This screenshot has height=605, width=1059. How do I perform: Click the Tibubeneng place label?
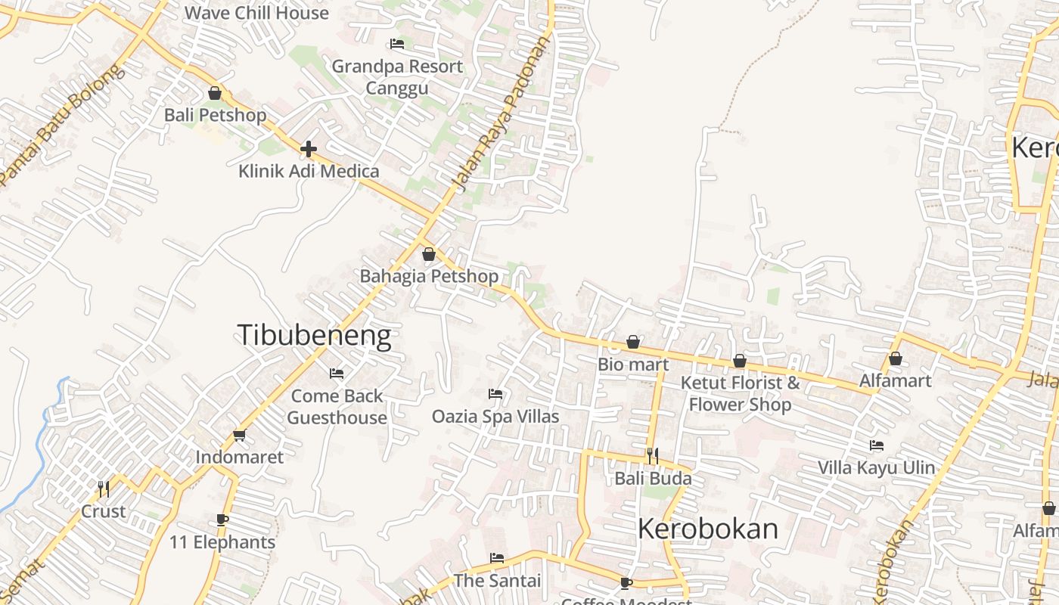[x=315, y=335]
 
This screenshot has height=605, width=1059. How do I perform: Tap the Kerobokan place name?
[x=707, y=529]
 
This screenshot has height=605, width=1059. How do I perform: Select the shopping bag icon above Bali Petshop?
[x=215, y=93]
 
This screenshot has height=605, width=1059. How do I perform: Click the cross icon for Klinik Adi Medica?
[x=308, y=149]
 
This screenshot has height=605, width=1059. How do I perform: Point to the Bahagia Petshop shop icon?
[x=429, y=254]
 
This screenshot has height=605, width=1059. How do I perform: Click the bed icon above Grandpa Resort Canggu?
[x=397, y=44]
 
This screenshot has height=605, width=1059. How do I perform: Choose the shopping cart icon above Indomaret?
[x=240, y=435]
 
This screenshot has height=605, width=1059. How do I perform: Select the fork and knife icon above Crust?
[x=104, y=489]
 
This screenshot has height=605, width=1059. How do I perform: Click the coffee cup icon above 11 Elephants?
[x=222, y=520]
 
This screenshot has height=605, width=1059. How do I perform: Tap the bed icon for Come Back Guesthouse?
[x=337, y=374]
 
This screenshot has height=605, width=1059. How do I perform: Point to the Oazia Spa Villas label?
[x=495, y=416]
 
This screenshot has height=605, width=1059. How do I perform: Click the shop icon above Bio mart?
[x=633, y=342]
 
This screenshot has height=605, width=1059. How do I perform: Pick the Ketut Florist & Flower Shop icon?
[x=740, y=361]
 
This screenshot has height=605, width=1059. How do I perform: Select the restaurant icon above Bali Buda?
[x=653, y=455]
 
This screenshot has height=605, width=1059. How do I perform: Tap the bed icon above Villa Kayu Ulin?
[x=876, y=445]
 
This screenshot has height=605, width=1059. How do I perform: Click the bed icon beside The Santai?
[x=497, y=558]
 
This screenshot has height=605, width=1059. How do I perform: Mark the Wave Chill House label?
[x=256, y=13]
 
